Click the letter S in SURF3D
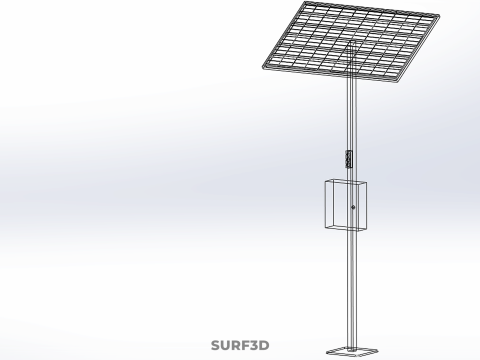tap(216, 345)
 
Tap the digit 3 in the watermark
tap(253, 345)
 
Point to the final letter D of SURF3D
tap(264, 345)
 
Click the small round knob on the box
tap(353, 207)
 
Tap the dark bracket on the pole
tap(349, 159)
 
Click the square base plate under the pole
tap(352, 351)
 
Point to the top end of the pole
tap(352, 41)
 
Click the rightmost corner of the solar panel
tap(439, 16)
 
